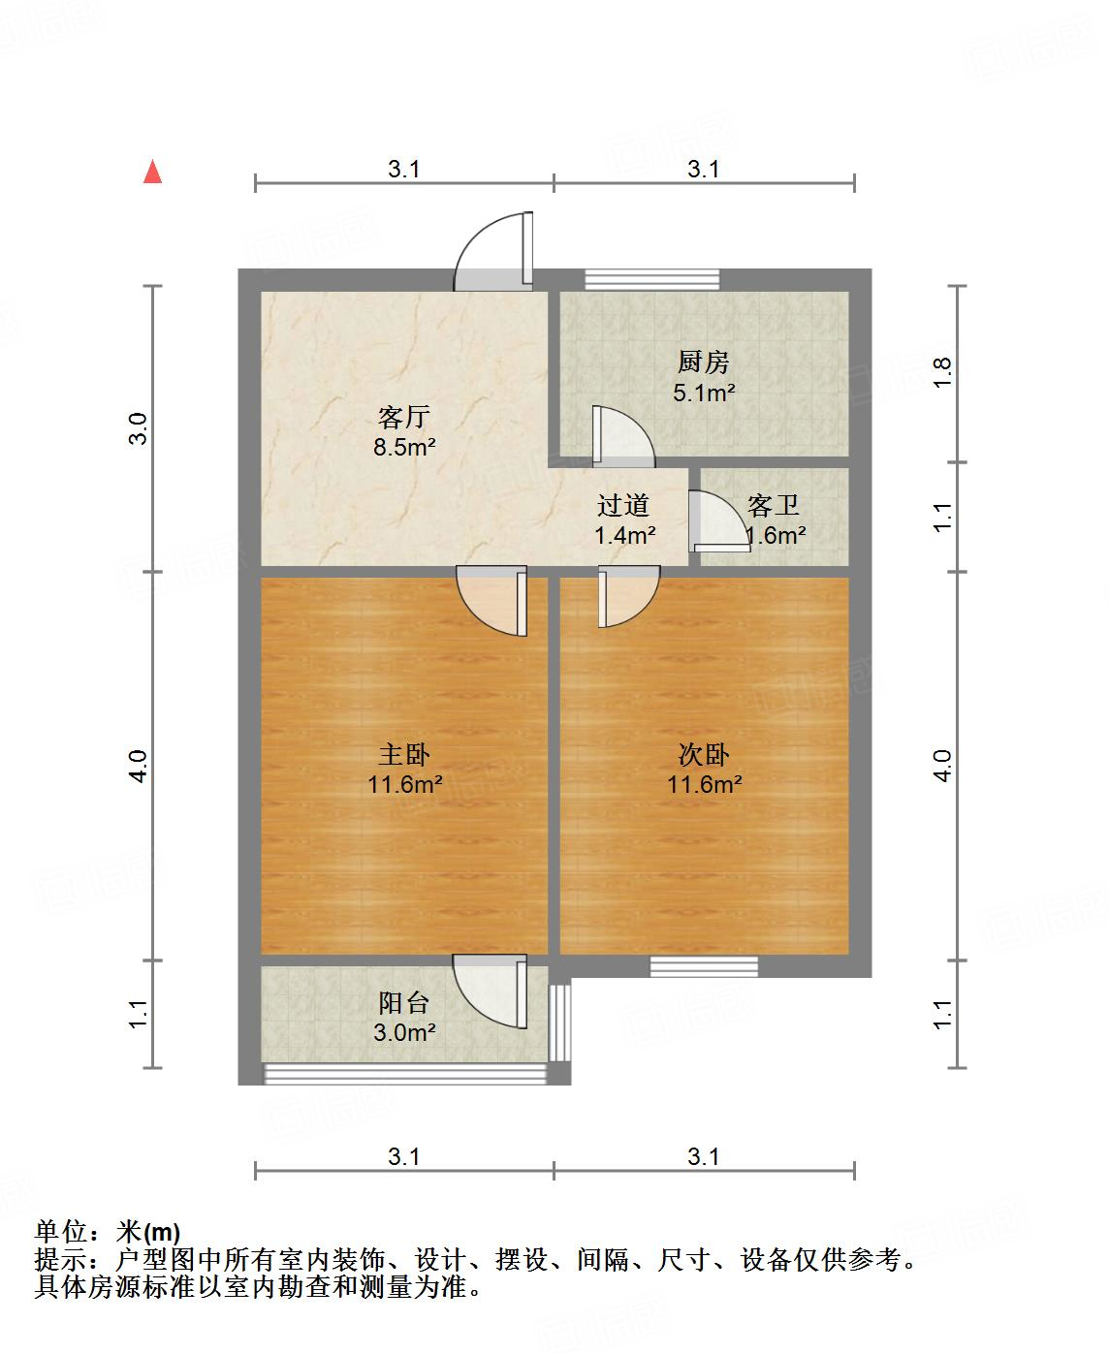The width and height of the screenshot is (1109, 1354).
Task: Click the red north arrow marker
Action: pyautogui.click(x=152, y=172)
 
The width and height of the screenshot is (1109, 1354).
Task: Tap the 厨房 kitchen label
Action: pyautogui.click(x=703, y=362)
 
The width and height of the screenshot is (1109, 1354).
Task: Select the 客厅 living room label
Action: pyautogui.click(x=403, y=418)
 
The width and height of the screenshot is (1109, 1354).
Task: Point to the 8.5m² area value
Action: pyautogui.click(x=403, y=448)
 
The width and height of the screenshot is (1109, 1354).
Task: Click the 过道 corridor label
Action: pyautogui.click(x=622, y=505)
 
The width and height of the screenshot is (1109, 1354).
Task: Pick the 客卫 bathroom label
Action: pyautogui.click(x=773, y=505)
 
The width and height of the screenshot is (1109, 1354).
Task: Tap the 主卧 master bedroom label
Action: pyautogui.click(x=403, y=754)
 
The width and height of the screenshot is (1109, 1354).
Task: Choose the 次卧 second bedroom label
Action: pyautogui.click(x=703, y=754)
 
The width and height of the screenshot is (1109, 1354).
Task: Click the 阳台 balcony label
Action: pyautogui.click(x=403, y=1003)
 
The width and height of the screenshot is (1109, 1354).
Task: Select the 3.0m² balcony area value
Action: pyautogui.click(x=403, y=1033)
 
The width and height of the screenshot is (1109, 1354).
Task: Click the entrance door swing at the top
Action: pyautogui.click(x=495, y=251)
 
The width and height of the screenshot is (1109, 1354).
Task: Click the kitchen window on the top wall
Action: pyautogui.click(x=652, y=280)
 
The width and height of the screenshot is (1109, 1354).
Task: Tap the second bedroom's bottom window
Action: pyautogui.click(x=704, y=965)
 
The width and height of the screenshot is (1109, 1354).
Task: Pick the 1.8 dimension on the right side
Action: pyautogui.click(x=943, y=373)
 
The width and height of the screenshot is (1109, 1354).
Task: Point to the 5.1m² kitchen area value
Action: pyautogui.click(x=703, y=393)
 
